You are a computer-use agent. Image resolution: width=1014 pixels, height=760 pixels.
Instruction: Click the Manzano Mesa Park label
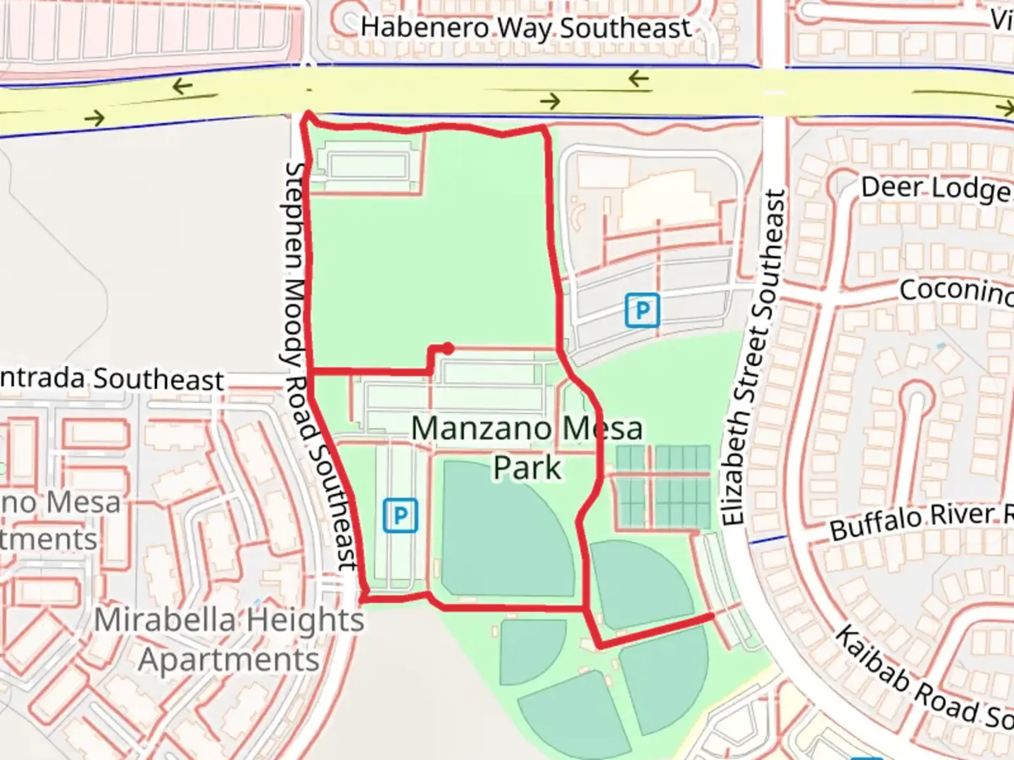tap(527, 448)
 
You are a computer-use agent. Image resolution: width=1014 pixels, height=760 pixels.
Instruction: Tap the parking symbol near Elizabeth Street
tap(641, 310)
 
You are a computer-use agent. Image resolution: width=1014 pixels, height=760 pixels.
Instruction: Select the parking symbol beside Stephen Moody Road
tap(400, 516)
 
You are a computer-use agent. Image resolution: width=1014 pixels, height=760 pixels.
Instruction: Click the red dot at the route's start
tap(447, 348)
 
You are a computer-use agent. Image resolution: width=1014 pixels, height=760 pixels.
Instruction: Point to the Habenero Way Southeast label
tap(525, 28)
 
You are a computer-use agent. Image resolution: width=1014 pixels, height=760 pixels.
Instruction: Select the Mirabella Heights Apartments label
tap(230, 640)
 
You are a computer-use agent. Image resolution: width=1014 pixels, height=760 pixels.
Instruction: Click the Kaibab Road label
tap(922, 679)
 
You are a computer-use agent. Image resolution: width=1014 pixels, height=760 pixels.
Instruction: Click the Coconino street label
tap(954, 290)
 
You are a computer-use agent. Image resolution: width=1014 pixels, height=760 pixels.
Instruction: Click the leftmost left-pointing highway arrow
tap(182, 87)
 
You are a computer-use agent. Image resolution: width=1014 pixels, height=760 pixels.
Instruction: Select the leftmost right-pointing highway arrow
tap(94, 118)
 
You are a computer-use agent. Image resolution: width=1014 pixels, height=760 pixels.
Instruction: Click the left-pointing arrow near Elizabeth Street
tap(639, 79)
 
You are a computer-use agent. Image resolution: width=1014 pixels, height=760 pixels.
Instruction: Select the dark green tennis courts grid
tap(663, 486)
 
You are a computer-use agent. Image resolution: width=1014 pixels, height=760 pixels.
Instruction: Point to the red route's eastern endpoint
tap(711, 616)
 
